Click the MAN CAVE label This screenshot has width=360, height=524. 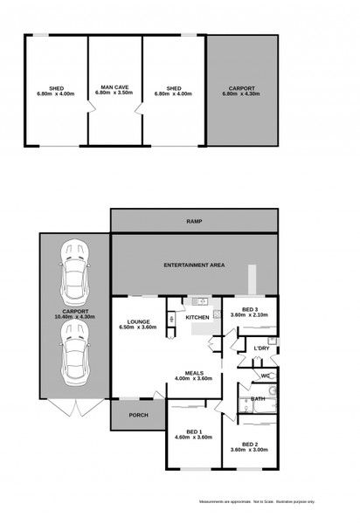tap(115, 87)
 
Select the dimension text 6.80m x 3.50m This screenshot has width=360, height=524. tap(115, 93)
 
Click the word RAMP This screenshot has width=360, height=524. tap(194, 222)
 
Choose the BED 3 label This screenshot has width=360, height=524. tap(250, 309)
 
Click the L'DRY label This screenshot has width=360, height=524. tap(260, 348)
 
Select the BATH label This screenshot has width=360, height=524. tap(258, 398)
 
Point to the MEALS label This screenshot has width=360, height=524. tap(194, 372)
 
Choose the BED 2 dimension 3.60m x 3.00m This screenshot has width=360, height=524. tap(250, 449)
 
